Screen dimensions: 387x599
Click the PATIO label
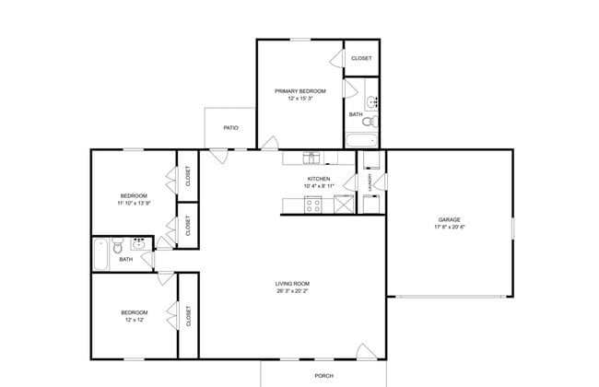230,127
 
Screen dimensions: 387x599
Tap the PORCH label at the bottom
323,376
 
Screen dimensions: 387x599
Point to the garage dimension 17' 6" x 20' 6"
450,228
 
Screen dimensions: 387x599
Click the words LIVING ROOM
291,283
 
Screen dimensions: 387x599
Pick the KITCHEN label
318,179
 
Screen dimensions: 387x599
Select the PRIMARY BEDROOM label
299,91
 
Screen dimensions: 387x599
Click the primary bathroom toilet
368,122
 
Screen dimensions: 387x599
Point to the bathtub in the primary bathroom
361,141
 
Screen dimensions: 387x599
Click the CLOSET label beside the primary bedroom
361,58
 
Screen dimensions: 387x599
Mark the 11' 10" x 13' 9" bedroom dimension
133,203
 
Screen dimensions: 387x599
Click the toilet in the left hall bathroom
117,247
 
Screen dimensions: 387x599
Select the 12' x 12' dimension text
134,320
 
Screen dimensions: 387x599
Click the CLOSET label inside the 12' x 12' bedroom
189,317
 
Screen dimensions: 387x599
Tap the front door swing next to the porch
367,351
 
